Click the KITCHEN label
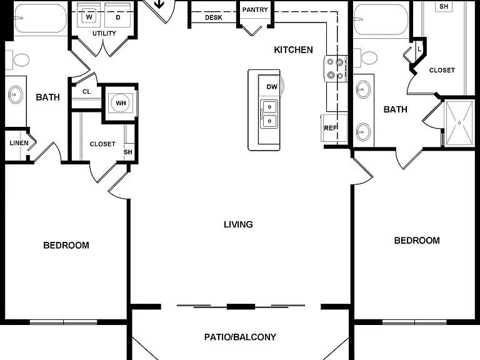click(x=293, y=49)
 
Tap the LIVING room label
click(x=238, y=224)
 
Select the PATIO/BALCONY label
click(x=240, y=337)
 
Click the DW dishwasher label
click(x=272, y=87)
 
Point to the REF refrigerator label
click(x=330, y=128)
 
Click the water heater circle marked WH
click(x=121, y=103)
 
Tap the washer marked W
click(x=89, y=16)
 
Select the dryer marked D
click(x=118, y=16)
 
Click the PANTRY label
click(x=255, y=10)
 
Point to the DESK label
click(x=214, y=17)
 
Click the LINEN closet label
click(x=19, y=143)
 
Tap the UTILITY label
click(x=104, y=33)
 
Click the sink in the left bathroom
click(x=15, y=94)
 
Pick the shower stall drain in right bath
click(x=459, y=122)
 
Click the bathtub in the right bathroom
click(x=381, y=20)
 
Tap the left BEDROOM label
click(x=66, y=245)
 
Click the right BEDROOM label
click(x=417, y=241)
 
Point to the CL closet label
click(x=87, y=91)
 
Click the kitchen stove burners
click(x=335, y=69)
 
